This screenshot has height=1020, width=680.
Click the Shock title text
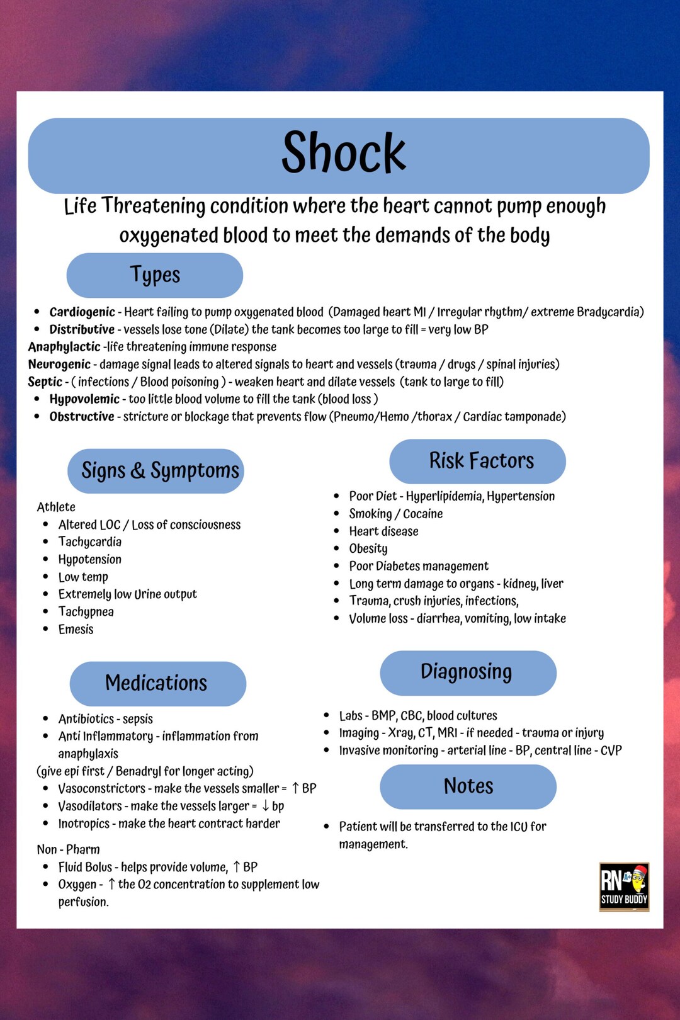pyautogui.click(x=344, y=153)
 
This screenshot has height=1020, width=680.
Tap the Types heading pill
pyautogui.click(x=155, y=275)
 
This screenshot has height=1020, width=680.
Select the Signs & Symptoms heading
pyautogui.click(x=160, y=471)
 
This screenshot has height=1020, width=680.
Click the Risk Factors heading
pyautogui.click(x=481, y=461)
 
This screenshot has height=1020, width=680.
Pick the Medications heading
pyautogui.click(x=156, y=683)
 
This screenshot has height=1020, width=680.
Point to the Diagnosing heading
pyautogui.click(x=467, y=672)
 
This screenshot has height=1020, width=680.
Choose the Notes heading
pyautogui.click(x=468, y=786)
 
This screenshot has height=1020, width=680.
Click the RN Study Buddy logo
pyautogui.click(x=624, y=887)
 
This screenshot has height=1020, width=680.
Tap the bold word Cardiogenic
pyautogui.click(x=82, y=312)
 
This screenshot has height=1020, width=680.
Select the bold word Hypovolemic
pyautogui.click(x=84, y=399)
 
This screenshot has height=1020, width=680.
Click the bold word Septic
pyautogui.click(x=45, y=382)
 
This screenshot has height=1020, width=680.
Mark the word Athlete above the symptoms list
pyautogui.click(x=56, y=507)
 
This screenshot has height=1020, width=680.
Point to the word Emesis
pyautogui.click(x=76, y=630)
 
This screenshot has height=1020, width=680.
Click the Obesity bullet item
pyautogui.click(x=368, y=549)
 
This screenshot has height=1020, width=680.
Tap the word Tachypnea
pyautogui.click(x=86, y=612)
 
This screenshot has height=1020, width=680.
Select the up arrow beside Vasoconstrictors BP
pyautogui.click(x=295, y=788)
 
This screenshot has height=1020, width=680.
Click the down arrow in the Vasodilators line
pyautogui.click(x=266, y=806)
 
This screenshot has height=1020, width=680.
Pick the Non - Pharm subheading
pyautogui.click(x=68, y=850)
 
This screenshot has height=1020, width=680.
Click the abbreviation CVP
pyautogui.click(x=611, y=751)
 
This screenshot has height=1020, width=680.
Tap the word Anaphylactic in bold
pyautogui.click(x=64, y=347)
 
